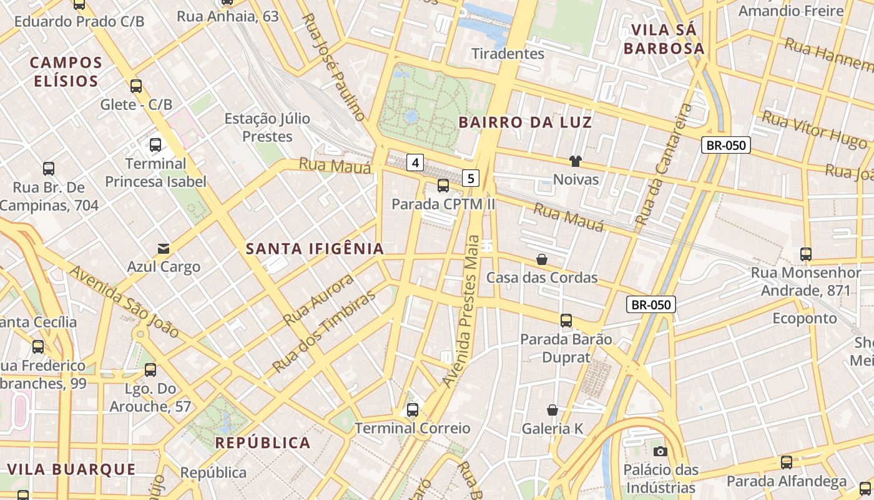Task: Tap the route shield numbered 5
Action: (471, 178)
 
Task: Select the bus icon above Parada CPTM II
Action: (443, 185)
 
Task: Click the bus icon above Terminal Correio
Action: (413, 410)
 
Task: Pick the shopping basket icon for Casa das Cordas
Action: (542, 259)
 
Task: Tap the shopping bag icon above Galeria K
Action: (552, 410)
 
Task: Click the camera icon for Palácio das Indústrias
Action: (660, 451)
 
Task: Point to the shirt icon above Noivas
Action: (576, 161)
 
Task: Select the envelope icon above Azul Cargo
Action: (164, 249)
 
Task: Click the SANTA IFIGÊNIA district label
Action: (315, 249)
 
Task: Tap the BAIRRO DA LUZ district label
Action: (525, 122)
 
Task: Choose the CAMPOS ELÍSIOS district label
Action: (66, 72)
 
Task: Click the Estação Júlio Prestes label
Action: (267, 127)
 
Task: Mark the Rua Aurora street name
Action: (318, 299)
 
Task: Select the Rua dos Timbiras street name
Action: (325, 331)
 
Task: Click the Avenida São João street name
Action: (125, 302)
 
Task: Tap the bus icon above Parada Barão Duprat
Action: (566, 321)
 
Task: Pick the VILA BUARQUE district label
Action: (71, 469)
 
